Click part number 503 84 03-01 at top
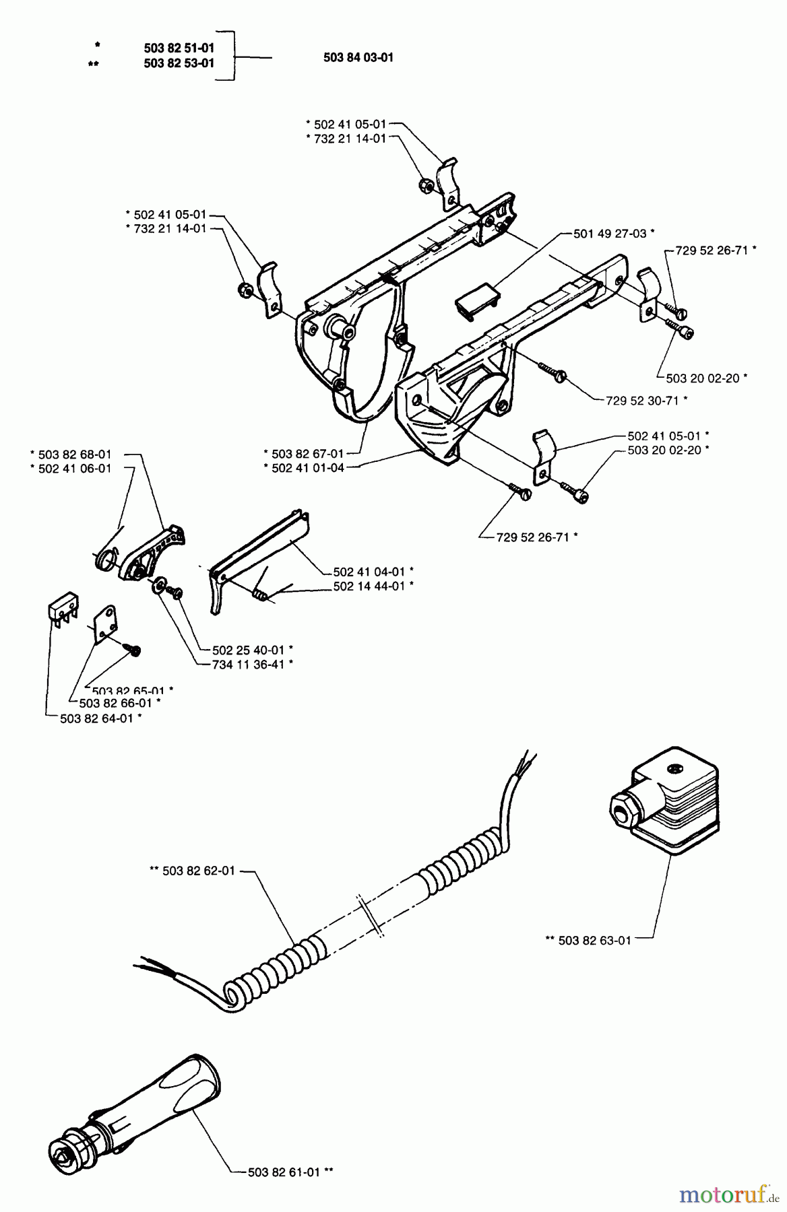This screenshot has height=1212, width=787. tap(358, 58)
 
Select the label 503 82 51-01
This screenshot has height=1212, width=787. tap(179, 48)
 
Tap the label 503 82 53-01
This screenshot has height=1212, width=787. tap(179, 64)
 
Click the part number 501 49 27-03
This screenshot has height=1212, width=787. tap(609, 234)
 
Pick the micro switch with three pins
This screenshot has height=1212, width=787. tap(63, 610)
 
